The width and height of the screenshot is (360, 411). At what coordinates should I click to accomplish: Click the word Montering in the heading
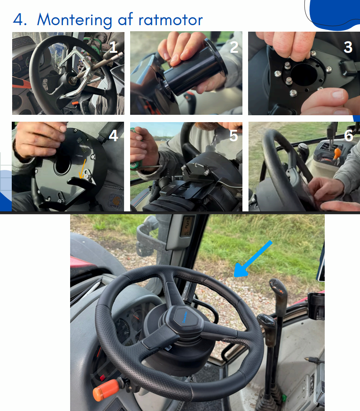[74, 20]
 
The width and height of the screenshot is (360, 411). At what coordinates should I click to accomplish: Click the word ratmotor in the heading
[170, 19]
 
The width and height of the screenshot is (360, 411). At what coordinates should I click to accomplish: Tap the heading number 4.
[19, 19]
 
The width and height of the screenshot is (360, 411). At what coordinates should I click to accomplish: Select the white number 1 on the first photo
[113, 47]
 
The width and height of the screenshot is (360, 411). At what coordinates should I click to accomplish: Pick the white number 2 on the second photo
[234, 47]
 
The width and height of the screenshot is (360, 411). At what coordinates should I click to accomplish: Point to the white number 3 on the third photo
[348, 47]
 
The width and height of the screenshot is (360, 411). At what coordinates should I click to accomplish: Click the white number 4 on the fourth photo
[114, 136]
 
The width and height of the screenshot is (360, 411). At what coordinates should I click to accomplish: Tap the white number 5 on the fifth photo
[234, 136]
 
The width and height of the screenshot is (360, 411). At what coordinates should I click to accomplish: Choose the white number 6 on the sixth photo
[349, 136]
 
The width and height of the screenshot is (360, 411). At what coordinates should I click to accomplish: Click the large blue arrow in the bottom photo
[253, 259]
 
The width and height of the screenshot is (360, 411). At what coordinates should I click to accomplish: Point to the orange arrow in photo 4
[83, 169]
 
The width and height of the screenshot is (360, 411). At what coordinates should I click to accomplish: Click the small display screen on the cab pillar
[187, 226]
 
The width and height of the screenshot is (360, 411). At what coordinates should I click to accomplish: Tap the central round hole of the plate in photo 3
[304, 74]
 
